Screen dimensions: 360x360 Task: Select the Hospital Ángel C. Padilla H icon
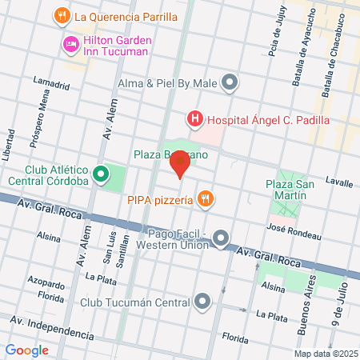194,120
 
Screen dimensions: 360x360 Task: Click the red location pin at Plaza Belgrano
181,165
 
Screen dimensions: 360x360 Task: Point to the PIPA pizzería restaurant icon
206,199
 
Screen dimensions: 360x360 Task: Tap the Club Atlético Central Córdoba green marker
101,174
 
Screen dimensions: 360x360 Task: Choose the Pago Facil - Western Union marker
222,238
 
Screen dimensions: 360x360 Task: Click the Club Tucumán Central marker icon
203,302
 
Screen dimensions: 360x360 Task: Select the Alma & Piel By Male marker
230,82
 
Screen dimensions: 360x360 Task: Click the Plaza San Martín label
286,190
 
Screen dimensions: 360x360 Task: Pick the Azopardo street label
46,284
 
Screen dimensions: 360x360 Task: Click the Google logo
27,350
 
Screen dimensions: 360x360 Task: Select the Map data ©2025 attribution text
325,354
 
